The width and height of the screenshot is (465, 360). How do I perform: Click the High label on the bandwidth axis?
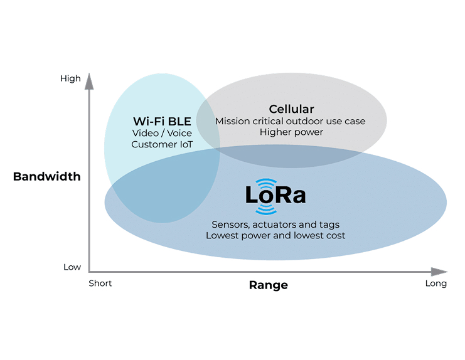click(70, 79)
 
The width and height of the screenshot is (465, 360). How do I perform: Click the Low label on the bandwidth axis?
click(72, 267)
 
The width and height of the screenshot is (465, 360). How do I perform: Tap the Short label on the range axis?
click(100, 283)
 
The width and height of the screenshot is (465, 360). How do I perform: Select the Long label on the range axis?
click(436, 283)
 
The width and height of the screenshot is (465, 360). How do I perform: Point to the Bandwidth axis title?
click(46, 177)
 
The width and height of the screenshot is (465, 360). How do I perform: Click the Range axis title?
click(268, 285)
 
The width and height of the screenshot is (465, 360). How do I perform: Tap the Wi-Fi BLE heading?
click(162, 121)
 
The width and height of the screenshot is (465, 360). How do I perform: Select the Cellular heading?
click(291, 109)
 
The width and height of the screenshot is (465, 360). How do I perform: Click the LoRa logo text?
click(275, 196)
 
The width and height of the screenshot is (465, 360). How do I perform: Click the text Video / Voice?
click(162, 133)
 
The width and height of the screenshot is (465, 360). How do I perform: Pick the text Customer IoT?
click(161, 144)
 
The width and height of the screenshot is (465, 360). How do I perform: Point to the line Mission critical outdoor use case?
click(290, 121)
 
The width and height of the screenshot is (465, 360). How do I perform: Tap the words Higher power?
click(291, 132)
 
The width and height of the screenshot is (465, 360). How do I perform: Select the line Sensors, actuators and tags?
click(275, 225)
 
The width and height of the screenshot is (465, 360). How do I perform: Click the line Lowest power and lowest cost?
click(275, 236)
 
